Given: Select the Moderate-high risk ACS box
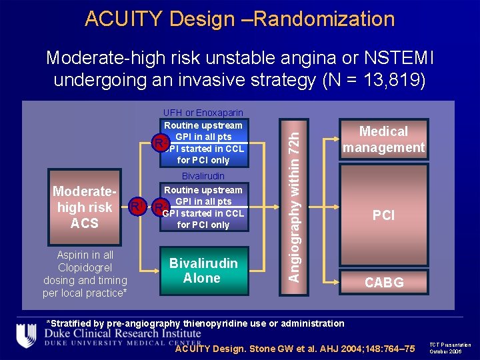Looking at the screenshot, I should (x=84, y=207).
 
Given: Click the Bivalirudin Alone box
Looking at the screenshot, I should (x=204, y=271).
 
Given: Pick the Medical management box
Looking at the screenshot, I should (x=383, y=139).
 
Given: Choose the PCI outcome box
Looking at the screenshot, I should (x=383, y=215).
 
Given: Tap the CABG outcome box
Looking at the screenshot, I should (x=383, y=283).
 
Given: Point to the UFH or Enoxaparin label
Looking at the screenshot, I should (x=203, y=113).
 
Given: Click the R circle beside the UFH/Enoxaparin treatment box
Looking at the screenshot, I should (x=159, y=143).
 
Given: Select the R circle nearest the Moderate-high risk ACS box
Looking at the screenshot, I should (x=135, y=205).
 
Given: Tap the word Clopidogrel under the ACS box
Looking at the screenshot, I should (x=85, y=268).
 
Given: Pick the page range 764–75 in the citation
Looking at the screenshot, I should (x=393, y=348).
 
